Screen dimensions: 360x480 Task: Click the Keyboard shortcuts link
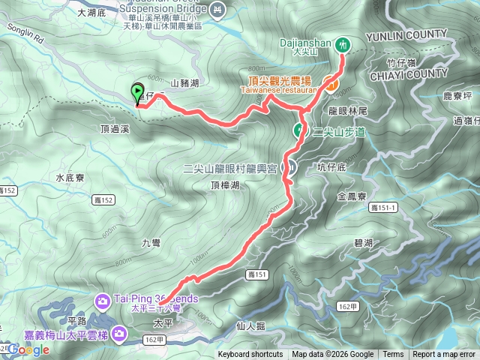[x=250, y=355]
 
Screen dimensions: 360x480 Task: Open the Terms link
[x=393, y=355]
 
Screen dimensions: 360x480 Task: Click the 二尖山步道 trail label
[x=338, y=132]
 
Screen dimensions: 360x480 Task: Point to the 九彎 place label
[x=151, y=243]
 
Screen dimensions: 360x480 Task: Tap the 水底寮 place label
[x=73, y=178]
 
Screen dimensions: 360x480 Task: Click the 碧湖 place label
[x=362, y=243]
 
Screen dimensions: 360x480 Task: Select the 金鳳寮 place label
[x=351, y=196]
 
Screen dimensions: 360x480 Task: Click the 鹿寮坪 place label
[x=457, y=97]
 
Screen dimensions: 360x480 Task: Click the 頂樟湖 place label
[x=225, y=184]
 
